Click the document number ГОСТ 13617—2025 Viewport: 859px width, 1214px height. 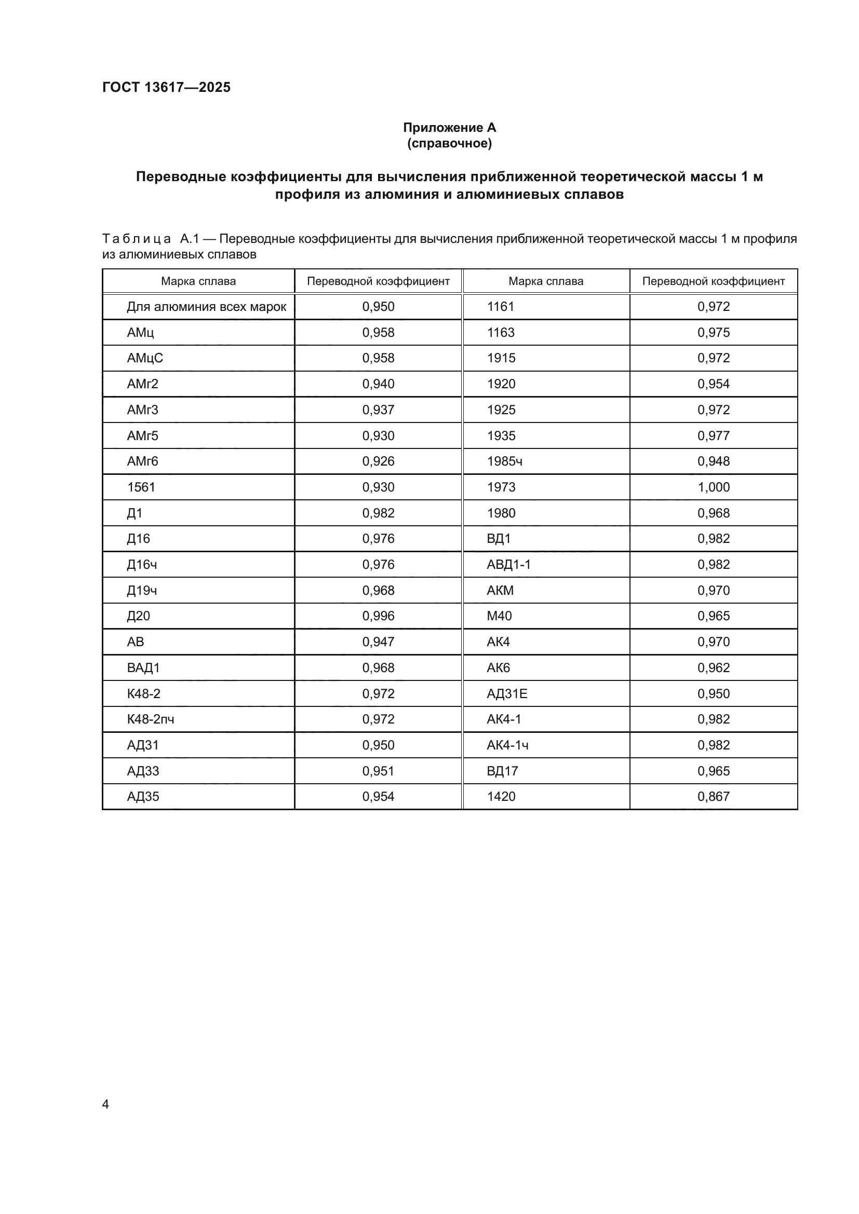[x=166, y=87]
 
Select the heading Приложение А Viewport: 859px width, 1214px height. [x=449, y=128]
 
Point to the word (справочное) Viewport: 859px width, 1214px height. [x=449, y=143]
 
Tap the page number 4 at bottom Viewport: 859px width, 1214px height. [x=105, y=1104]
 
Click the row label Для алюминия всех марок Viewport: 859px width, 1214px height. [x=206, y=307]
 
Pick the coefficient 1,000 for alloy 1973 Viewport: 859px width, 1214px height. [x=713, y=487]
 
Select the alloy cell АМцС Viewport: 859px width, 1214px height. [x=145, y=358]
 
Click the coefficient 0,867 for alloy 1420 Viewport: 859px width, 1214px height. [x=713, y=796]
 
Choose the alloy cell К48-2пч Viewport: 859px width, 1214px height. [x=150, y=719]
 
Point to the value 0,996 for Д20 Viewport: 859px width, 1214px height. [x=378, y=616]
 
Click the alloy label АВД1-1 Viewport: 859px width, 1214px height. [x=508, y=564]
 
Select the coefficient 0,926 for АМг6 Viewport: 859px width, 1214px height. [x=378, y=461]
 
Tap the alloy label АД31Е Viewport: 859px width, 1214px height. [x=507, y=693]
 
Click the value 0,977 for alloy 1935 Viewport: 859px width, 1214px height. [x=713, y=435]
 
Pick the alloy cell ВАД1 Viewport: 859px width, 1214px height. [x=143, y=668]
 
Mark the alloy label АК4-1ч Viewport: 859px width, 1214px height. [x=507, y=745]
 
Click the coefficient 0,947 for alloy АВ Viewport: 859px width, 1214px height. [x=378, y=642]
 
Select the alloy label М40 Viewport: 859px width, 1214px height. [x=499, y=616]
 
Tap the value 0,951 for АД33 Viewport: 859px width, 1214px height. [x=378, y=771]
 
